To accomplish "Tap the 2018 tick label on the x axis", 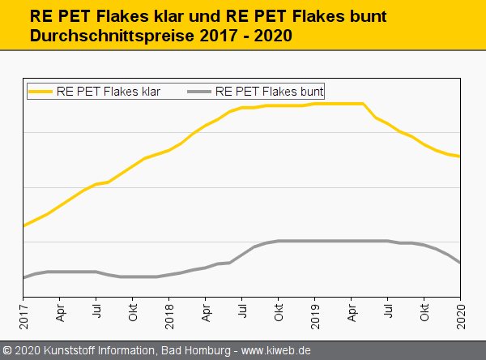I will (x=169, y=313).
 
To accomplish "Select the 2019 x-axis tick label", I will (x=315, y=313).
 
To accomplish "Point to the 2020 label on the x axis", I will (x=461, y=313).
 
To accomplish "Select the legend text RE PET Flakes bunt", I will (x=270, y=92).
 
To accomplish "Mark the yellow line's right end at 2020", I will (x=460, y=156).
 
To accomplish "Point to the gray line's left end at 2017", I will (x=23, y=278).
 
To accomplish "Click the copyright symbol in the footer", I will (x=7, y=351).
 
